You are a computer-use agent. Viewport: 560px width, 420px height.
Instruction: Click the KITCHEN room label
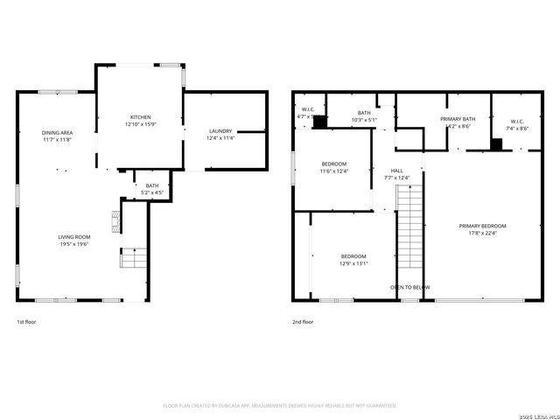pyautogui.click(x=141, y=117)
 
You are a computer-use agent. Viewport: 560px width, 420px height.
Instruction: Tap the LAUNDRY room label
pyautogui.click(x=220, y=130)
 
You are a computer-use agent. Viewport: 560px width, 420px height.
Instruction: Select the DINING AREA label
pyautogui.click(x=57, y=133)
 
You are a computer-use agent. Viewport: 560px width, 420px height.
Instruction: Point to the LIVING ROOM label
pyautogui.click(x=74, y=237)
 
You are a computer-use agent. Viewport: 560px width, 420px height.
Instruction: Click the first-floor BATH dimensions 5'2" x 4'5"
pyautogui.click(x=152, y=192)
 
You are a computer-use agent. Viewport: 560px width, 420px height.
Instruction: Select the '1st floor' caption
pyautogui.click(x=26, y=322)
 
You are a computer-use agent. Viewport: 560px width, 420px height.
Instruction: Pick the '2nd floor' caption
pyautogui.click(x=302, y=322)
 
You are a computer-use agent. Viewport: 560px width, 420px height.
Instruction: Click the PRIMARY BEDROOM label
pyautogui.click(x=482, y=226)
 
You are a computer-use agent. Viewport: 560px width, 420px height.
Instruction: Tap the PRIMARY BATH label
pyautogui.click(x=458, y=119)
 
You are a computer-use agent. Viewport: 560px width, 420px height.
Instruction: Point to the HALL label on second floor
pyautogui.click(x=396, y=171)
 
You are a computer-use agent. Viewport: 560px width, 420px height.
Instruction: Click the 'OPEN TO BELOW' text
pyautogui.click(x=409, y=287)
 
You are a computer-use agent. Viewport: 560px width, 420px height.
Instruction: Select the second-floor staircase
pyautogui.click(x=409, y=232)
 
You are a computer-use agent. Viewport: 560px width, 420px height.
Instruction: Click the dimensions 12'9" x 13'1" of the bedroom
pyautogui.click(x=353, y=263)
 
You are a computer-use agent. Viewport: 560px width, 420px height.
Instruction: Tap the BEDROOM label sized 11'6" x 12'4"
pyautogui.click(x=334, y=164)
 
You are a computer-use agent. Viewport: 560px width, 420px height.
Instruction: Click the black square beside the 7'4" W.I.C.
pyautogui.click(x=496, y=145)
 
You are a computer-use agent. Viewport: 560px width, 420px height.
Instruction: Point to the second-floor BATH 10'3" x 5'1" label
pyautogui.click(x=364, y=113)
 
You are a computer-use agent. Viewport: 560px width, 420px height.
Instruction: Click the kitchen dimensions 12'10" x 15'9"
pyautogui.click(x=141, y=124)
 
